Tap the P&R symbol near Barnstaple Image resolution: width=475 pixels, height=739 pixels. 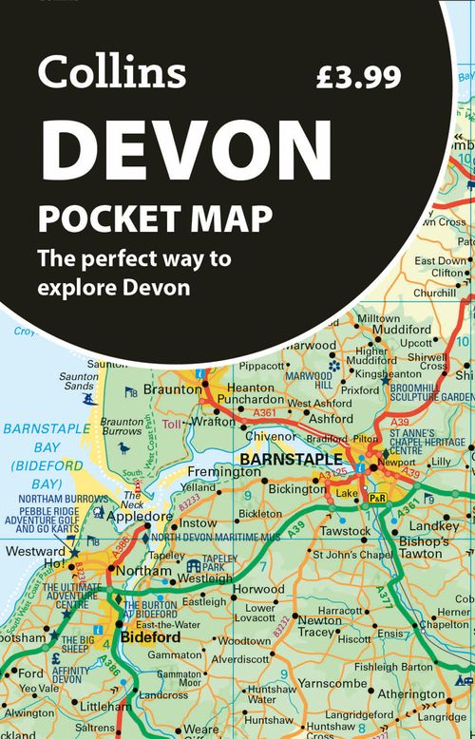pos(377,498)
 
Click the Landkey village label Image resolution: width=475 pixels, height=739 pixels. pos(434,525)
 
